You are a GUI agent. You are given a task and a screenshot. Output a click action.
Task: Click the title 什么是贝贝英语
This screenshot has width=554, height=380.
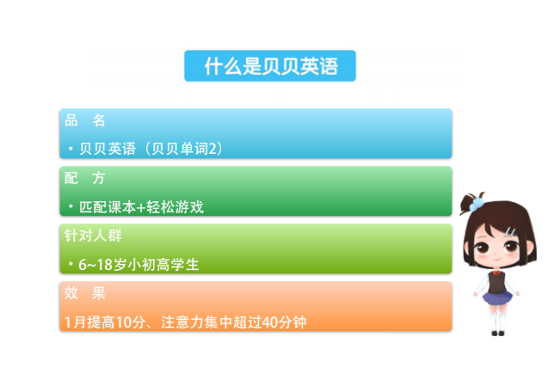271,66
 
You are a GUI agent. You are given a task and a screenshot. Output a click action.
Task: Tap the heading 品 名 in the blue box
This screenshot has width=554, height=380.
85,120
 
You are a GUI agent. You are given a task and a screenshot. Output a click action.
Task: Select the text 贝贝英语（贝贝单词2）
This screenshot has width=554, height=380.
151,149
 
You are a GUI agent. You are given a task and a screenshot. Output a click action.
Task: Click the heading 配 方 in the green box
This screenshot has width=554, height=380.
85,178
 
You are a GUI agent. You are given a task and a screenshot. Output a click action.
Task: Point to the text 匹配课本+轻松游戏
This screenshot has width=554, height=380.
141,207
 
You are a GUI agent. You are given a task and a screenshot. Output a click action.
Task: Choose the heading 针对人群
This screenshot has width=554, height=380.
93,236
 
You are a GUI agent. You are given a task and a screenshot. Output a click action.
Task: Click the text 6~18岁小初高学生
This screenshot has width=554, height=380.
138,265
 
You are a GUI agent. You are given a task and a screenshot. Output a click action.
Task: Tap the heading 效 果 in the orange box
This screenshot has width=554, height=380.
85,293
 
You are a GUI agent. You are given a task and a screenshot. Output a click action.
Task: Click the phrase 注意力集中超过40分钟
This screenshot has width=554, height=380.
233,322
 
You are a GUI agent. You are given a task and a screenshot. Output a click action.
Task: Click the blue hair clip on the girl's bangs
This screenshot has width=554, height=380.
510,232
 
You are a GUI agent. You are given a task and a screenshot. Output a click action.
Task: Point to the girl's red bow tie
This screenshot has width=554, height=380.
497,273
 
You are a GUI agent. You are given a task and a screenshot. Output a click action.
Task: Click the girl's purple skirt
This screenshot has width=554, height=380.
497,297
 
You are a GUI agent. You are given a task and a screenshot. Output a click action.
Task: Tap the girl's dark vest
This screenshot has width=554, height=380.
497,283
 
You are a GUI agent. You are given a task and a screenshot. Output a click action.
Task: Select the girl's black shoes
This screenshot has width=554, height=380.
498,333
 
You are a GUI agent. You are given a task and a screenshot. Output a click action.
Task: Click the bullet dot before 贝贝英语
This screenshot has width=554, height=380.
71,149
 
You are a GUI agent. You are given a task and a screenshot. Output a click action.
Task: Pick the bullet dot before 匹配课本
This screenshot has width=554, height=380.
71,206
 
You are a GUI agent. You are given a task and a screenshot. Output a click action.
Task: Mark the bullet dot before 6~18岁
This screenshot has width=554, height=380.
71,264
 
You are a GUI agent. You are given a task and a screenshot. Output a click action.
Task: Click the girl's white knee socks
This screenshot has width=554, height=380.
498,320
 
